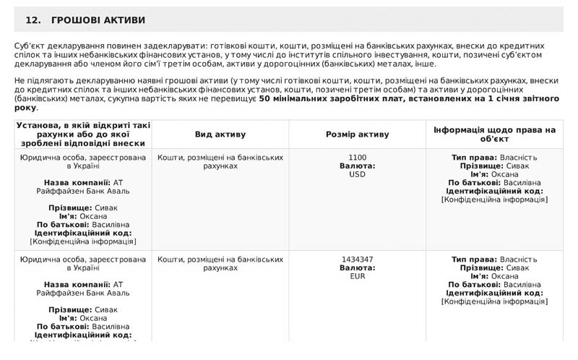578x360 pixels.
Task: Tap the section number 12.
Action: pos(33,20)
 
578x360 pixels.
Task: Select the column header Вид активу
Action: pos(220,134)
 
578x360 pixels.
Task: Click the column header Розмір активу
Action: pos(357,134)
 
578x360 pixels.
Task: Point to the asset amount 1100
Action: pos(357,158)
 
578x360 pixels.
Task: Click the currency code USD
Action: pos(357,174)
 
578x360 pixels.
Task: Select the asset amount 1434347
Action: pos(357,260)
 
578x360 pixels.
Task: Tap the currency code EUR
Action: pos(357,276)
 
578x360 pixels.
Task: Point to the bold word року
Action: pos(25,108)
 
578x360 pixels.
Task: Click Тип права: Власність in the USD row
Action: pos(494,158)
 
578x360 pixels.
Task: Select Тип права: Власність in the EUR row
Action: pos(494,260)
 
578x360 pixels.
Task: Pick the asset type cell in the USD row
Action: pos(220,161)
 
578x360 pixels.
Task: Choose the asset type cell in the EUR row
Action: pos(220,263)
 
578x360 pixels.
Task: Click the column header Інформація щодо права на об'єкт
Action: pos(494,134)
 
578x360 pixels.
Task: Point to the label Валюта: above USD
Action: pos(357,166)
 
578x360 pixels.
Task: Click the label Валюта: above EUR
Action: pos(357,268)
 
